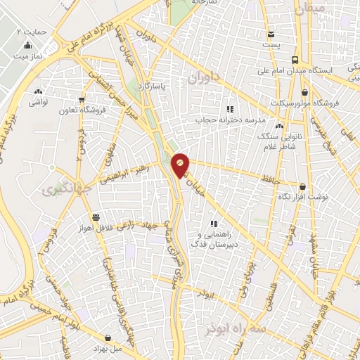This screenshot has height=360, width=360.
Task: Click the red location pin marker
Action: coord(181,165)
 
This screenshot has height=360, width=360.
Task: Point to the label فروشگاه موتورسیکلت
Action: coord(308,103)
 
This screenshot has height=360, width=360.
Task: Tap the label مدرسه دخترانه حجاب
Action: coord(229,120)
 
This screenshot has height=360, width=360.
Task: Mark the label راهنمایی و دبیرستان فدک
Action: coord(215,239)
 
